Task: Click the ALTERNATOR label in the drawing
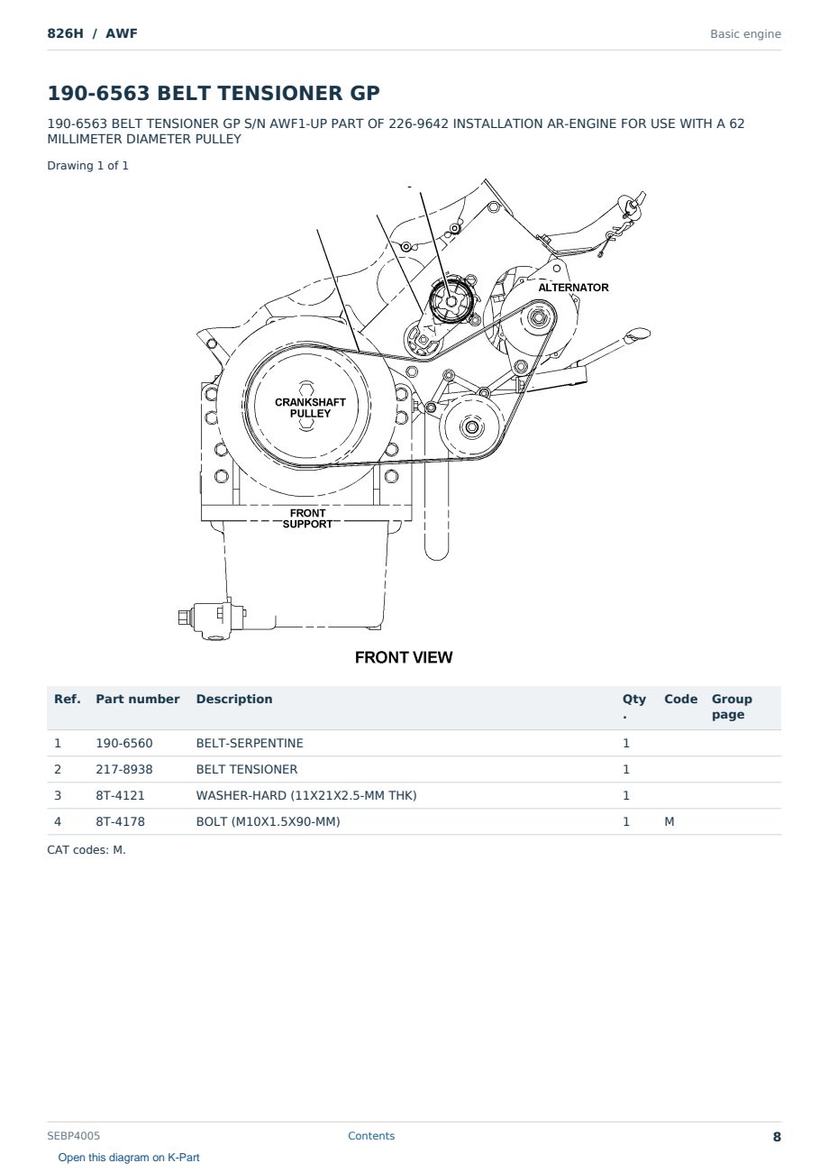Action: (573, 288)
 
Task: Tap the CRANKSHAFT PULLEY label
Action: (310, 407)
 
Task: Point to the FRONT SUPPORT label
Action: (307, 518)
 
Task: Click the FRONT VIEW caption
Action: (404, 657)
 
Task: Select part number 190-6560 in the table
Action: (124, 743)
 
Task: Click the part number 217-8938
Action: (124, 769)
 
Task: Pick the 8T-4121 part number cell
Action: (120, 795)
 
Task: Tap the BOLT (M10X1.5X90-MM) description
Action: (268, 821)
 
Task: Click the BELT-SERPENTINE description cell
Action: (250, 743)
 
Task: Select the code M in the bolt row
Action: (669, 821)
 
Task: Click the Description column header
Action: (233, 699)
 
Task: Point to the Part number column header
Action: (137, 699)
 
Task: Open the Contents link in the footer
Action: (371, 1136)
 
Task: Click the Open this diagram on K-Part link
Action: (129, 1158)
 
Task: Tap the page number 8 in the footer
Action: (777, 1137)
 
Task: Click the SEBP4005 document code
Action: (73, 1136)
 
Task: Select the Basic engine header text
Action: (745, 34)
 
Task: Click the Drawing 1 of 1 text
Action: (87, 166)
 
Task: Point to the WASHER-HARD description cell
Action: (306, 795)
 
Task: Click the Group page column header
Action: (732, 707)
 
